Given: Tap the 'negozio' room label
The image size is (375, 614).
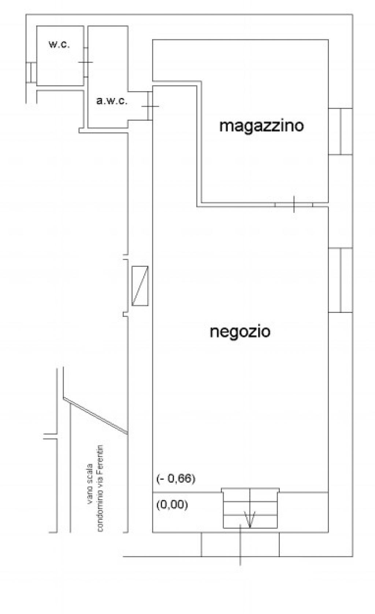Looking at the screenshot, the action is [x=240, y=332].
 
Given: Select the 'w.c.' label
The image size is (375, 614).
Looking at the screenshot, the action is [x=59, y=44].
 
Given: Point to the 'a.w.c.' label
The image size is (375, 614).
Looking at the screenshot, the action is [x=112, y=101].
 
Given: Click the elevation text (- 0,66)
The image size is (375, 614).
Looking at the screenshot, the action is [x=176, y=478].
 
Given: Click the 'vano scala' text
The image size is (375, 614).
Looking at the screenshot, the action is [x=89, y=484].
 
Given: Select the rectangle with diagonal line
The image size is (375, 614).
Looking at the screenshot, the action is [x=140, y=286].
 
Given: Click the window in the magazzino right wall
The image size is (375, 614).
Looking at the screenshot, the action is [x=341, y=132].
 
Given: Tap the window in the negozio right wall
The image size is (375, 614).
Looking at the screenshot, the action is [x=341, y=280].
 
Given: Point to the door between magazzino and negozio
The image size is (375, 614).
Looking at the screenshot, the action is [x=294, y=205].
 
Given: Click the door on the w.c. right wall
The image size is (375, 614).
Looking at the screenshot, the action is [x=86, y=62].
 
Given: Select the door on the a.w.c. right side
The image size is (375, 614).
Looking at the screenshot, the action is [x=150, y=106].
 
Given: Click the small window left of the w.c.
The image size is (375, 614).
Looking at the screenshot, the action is [x=31, y=72].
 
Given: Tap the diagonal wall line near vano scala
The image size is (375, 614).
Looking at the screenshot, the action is [x=96, y=416].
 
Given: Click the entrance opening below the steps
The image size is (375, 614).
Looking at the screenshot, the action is [x=240, y=545].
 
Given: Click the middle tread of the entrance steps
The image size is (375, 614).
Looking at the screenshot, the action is [x=250, y=509].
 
